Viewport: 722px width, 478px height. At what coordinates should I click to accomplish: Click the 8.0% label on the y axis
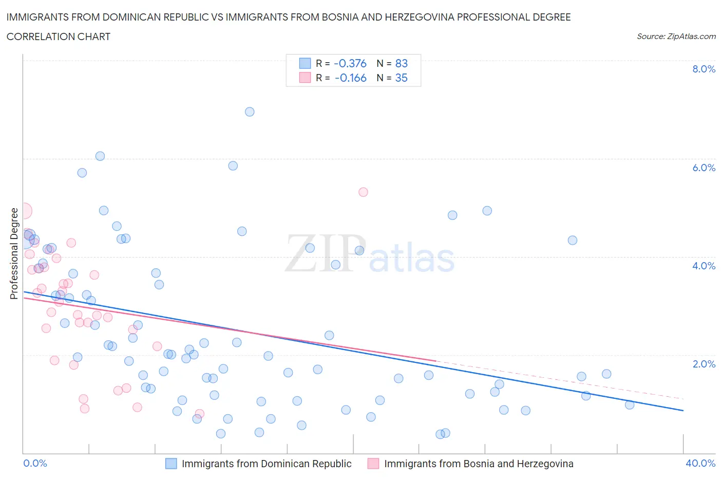click(704, 69)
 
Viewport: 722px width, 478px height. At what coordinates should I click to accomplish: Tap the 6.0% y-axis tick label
click(704, 168)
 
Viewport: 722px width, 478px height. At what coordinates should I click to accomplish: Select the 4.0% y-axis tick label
click(704, 266)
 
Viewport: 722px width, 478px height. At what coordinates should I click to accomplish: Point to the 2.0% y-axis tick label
click(704, 364)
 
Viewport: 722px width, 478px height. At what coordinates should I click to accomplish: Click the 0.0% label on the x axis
click(35, 463)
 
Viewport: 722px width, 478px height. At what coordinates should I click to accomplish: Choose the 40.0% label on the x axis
click(700, 463)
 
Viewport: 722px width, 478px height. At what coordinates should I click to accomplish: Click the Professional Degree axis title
click(14, 253)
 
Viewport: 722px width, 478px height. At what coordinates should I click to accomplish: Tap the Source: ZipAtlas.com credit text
click(676, 36)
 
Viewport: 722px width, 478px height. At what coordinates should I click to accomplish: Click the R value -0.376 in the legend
click(350, 63)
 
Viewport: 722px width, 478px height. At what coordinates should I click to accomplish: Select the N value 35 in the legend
click(401, 78)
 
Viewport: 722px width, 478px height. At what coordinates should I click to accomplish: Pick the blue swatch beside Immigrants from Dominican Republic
click(171, 464)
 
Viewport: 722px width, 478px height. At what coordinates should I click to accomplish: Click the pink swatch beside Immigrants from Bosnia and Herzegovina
click(373, 464)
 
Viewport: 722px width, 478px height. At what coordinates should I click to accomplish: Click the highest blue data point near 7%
click(250, 112)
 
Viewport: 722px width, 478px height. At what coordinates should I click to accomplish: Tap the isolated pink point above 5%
click(363, 192)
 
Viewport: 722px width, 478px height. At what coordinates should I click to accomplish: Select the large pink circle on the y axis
click(24, 211)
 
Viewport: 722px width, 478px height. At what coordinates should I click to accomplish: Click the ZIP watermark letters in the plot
click(325, 253)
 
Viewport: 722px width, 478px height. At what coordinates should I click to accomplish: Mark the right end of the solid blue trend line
click(683, 410)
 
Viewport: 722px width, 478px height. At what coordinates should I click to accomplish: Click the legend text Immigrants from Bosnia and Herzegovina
click(479, 464)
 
